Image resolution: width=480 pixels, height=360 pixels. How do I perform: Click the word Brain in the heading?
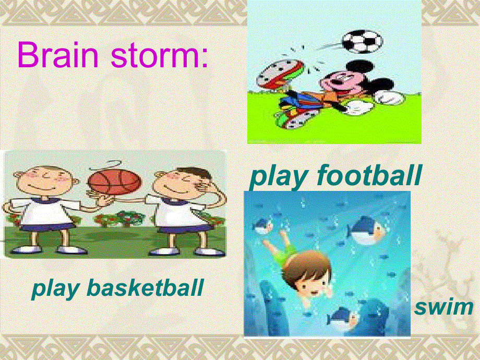(58, 54)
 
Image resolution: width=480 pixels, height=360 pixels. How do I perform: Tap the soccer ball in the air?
(363, 41)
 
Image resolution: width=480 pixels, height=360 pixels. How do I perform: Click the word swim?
(443, 307)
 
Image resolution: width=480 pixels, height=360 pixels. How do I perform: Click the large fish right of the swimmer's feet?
(366, 230)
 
